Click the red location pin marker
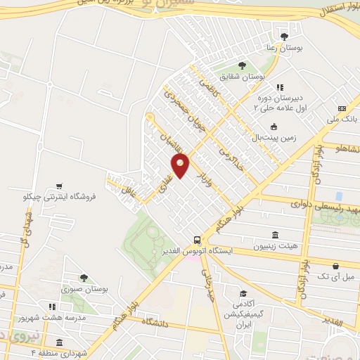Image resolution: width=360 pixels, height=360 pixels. (181, 166)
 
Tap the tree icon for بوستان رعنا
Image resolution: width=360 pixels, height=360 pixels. (285, 36)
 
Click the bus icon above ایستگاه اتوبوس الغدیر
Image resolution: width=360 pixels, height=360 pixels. (198, 239)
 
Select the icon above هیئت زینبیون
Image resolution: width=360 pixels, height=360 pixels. (274, 235)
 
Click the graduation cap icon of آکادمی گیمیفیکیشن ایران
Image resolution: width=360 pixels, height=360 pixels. (243, 294)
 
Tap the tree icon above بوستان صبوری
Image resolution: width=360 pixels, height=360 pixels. (84, 278)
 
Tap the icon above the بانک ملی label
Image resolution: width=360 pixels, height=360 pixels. (342, 108)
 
